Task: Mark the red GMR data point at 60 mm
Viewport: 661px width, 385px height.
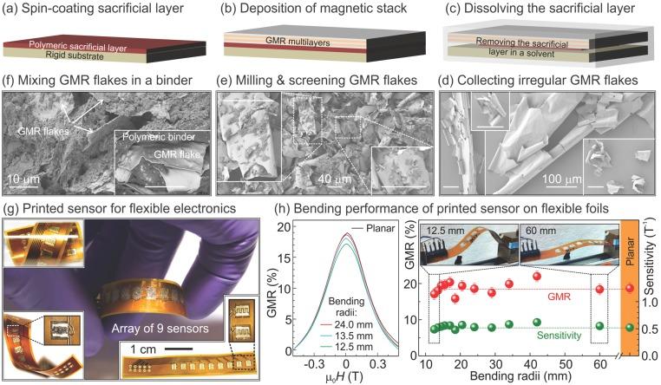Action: click(x=600, y=289)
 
